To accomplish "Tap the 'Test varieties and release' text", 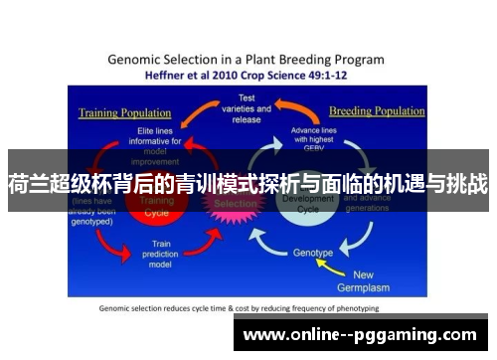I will pos(246,109).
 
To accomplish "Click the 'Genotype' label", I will pos(313,253).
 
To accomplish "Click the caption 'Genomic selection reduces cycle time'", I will pos(199,308).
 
